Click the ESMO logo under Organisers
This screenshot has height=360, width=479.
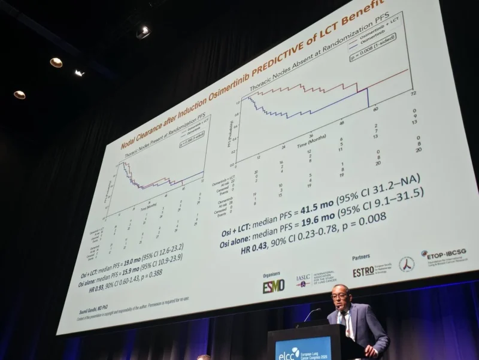click(x=273, y=286)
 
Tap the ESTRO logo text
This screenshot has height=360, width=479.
click(x=363, y=271)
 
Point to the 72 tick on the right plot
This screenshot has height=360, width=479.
click(x=413, y=94)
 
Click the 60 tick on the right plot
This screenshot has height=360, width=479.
click(x=375, y=109)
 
